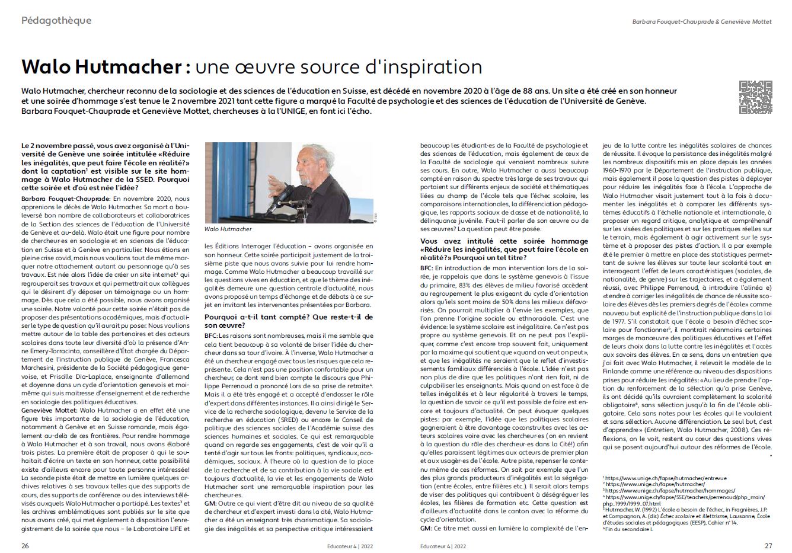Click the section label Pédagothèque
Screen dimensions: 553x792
(x=56, y=21)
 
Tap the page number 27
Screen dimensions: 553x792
(x=767, y=545)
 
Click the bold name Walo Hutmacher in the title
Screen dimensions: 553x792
(x=101, y=66)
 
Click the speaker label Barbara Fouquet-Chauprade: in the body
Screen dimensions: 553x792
(x=65, y=199)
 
